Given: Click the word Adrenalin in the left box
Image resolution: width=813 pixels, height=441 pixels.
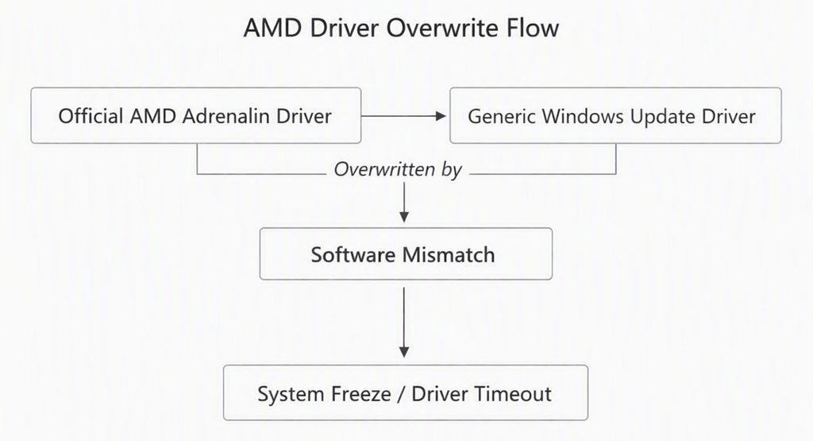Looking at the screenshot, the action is tap(226, 116).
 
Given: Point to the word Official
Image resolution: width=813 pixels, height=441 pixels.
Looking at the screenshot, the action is tap(91, 116).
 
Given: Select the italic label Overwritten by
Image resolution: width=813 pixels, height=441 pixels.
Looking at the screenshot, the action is tap(398, 170).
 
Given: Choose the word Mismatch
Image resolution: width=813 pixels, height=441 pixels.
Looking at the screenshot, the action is tap(449, 255).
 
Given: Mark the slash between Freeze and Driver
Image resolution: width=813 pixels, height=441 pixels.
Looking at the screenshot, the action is tap(401, 394).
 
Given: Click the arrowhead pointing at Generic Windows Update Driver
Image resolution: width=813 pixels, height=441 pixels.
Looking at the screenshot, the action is tap(441, 116).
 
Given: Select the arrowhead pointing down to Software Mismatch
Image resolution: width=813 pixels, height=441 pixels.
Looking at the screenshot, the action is tap(404, 217).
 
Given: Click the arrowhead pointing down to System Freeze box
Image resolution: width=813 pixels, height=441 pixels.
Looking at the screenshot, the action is tap(404, 352).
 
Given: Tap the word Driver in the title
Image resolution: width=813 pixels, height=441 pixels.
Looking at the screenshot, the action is tap(345, 28).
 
